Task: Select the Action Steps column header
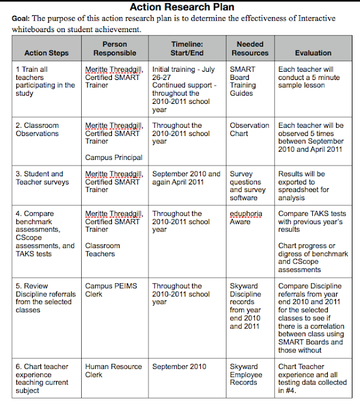pos(46,53)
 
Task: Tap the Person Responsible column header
pos(115,48)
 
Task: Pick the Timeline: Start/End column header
pos(186,48)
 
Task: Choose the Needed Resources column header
pos(250,48)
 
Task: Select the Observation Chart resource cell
pos(249,130)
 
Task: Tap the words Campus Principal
pos(114,157)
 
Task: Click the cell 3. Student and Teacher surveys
pos(40,178)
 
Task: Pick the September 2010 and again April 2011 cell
pos(186,178)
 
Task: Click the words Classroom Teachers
pos(103,250)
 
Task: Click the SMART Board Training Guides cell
pos(243,81)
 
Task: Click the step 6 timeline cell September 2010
pos(179,366)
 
